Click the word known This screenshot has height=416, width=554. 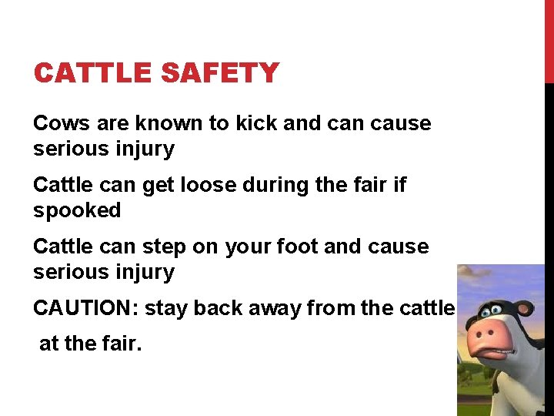pos(169,123)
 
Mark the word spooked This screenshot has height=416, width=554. pos(77,210)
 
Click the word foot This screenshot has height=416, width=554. pos(297,247)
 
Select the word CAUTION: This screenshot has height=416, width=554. pos(85,308)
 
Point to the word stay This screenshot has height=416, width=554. pos(166,308)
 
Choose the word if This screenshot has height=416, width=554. pos(399,185)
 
